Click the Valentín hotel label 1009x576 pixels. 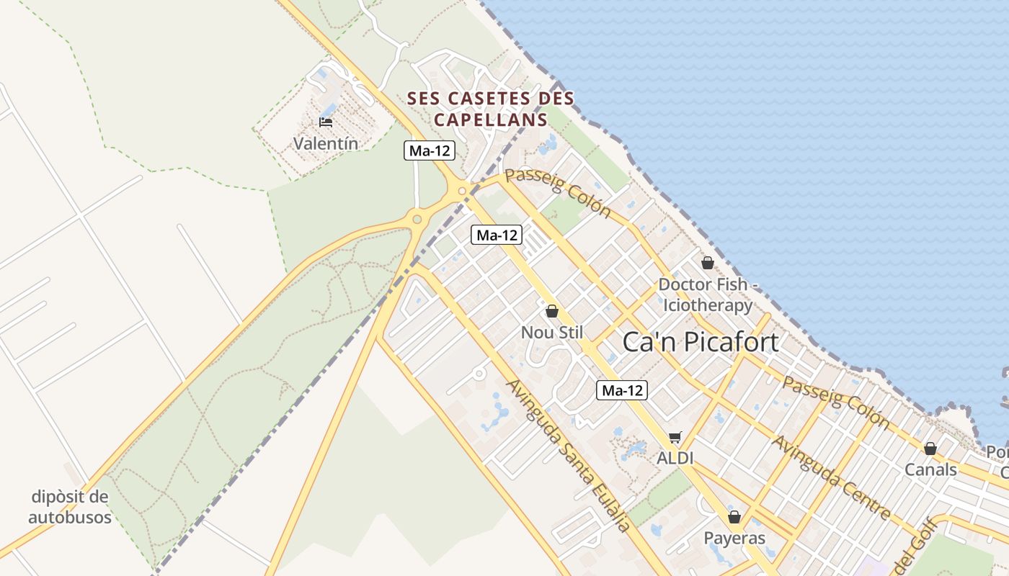(325, 143)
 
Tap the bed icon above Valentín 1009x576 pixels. (326, 122)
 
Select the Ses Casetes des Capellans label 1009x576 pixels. (490, 109)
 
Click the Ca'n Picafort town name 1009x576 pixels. (700, 342)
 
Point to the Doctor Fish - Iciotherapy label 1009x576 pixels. (708, 294)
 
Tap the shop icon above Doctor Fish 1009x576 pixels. (707, 263)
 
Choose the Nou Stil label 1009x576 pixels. (551, 333)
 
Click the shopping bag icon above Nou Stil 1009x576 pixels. (552, 311)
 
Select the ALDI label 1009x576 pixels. (675, 458)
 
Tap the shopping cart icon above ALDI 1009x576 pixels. (675, 437)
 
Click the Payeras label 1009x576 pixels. (734, 538)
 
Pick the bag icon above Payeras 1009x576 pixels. (734, 517)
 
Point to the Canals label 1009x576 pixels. (930, 470)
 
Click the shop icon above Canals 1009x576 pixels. (930, 449)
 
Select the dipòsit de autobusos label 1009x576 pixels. (70, 507)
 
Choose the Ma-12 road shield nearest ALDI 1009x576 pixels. (622, 391)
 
